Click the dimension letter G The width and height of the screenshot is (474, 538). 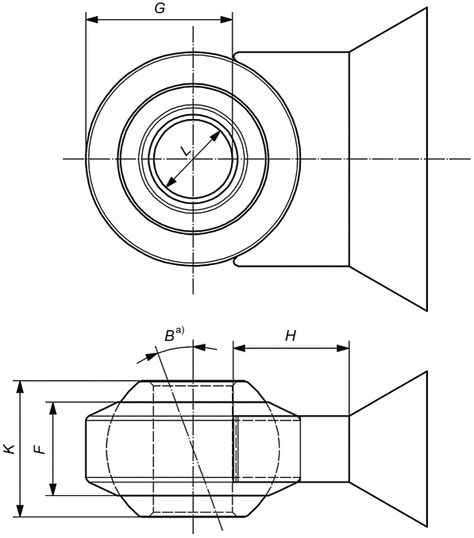tap(160, 8)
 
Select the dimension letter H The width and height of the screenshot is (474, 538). tap(291, 336)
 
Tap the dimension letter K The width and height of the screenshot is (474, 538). tap(9, 448)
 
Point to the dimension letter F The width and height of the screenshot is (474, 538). tap(40, 449)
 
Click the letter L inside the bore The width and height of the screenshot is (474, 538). tap(186, 152)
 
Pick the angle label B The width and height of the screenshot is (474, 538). tap(170, 336)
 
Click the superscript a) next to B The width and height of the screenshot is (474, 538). tap(180, 330)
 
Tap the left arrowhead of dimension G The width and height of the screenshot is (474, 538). tap(92, 20)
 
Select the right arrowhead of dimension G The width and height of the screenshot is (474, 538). tap(226, 20)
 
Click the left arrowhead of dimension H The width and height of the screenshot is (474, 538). tap(239, 348)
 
